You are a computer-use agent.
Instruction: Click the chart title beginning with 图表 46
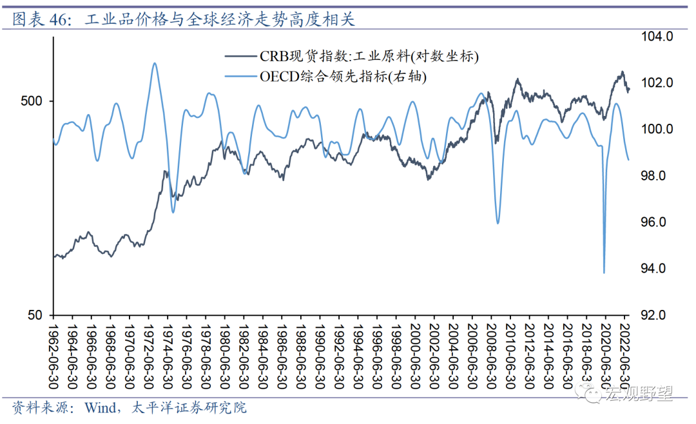click(184, 20)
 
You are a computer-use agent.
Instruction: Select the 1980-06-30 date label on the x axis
click(224, 351)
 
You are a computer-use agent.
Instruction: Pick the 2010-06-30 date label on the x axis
click(509, 351)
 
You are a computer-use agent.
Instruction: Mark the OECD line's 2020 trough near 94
click(604, 273)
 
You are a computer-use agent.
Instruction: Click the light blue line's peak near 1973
click(154, 63)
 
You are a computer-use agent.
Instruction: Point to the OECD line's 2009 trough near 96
click(498, 223)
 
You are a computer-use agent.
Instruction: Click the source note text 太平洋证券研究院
click(189, 408)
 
